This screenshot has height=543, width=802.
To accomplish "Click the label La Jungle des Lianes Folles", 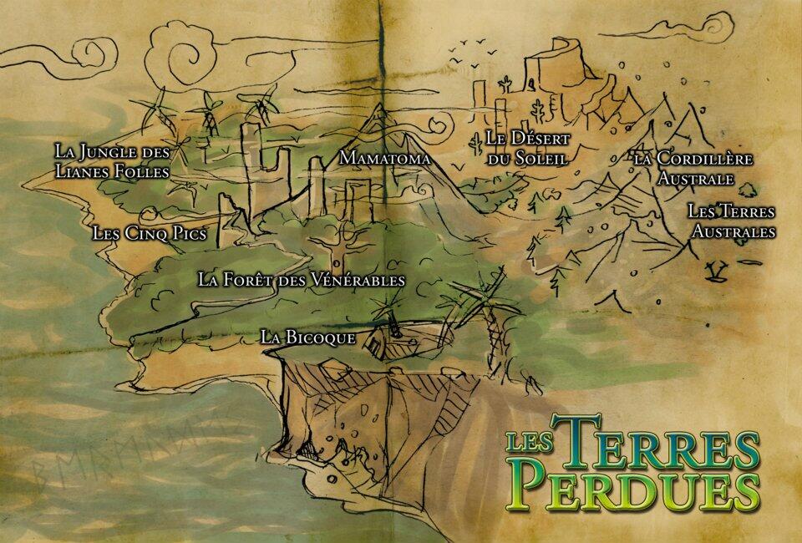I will [112, 161].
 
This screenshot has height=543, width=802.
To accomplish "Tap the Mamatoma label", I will [385, 157].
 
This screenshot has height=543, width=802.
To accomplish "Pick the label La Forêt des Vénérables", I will [302, 280].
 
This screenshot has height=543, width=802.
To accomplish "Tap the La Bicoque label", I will [308, 337].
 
